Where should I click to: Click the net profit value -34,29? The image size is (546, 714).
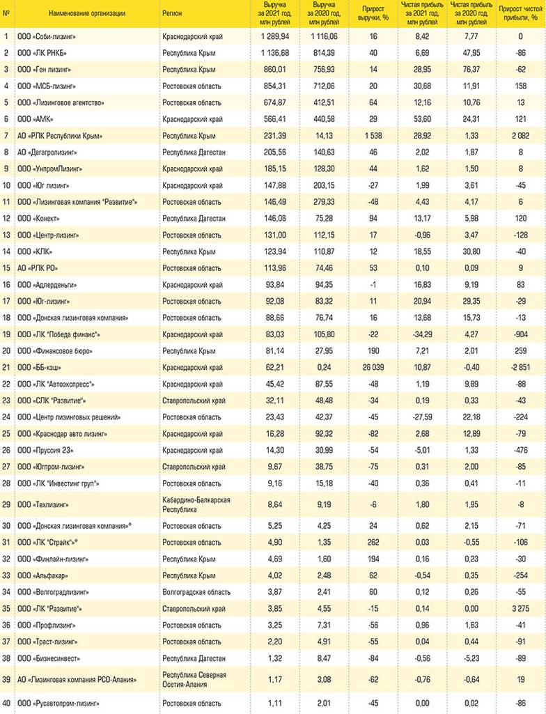421,334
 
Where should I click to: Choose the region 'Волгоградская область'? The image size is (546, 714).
196,592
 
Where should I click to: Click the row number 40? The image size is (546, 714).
6,704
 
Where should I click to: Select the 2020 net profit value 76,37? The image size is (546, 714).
468,70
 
